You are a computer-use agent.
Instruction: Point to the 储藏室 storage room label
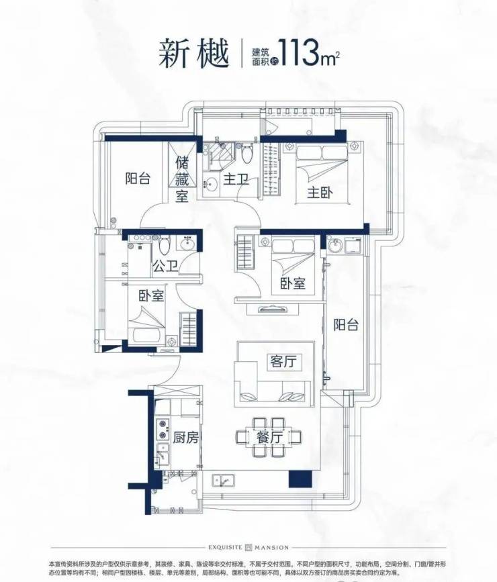pyautogui.click(x=183, y=179)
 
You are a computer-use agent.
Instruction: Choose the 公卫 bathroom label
pyautogui.click(x=165, y=266)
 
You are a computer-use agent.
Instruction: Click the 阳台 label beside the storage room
pyautogui.click(x=138, y=179)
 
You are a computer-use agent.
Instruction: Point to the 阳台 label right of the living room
pyautogui.click(x=346, y=325)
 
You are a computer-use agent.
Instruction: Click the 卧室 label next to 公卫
pyautogui.click(x=152, y=296)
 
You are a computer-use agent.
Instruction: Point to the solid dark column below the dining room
pyautogui.click(x=300, y=479)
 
